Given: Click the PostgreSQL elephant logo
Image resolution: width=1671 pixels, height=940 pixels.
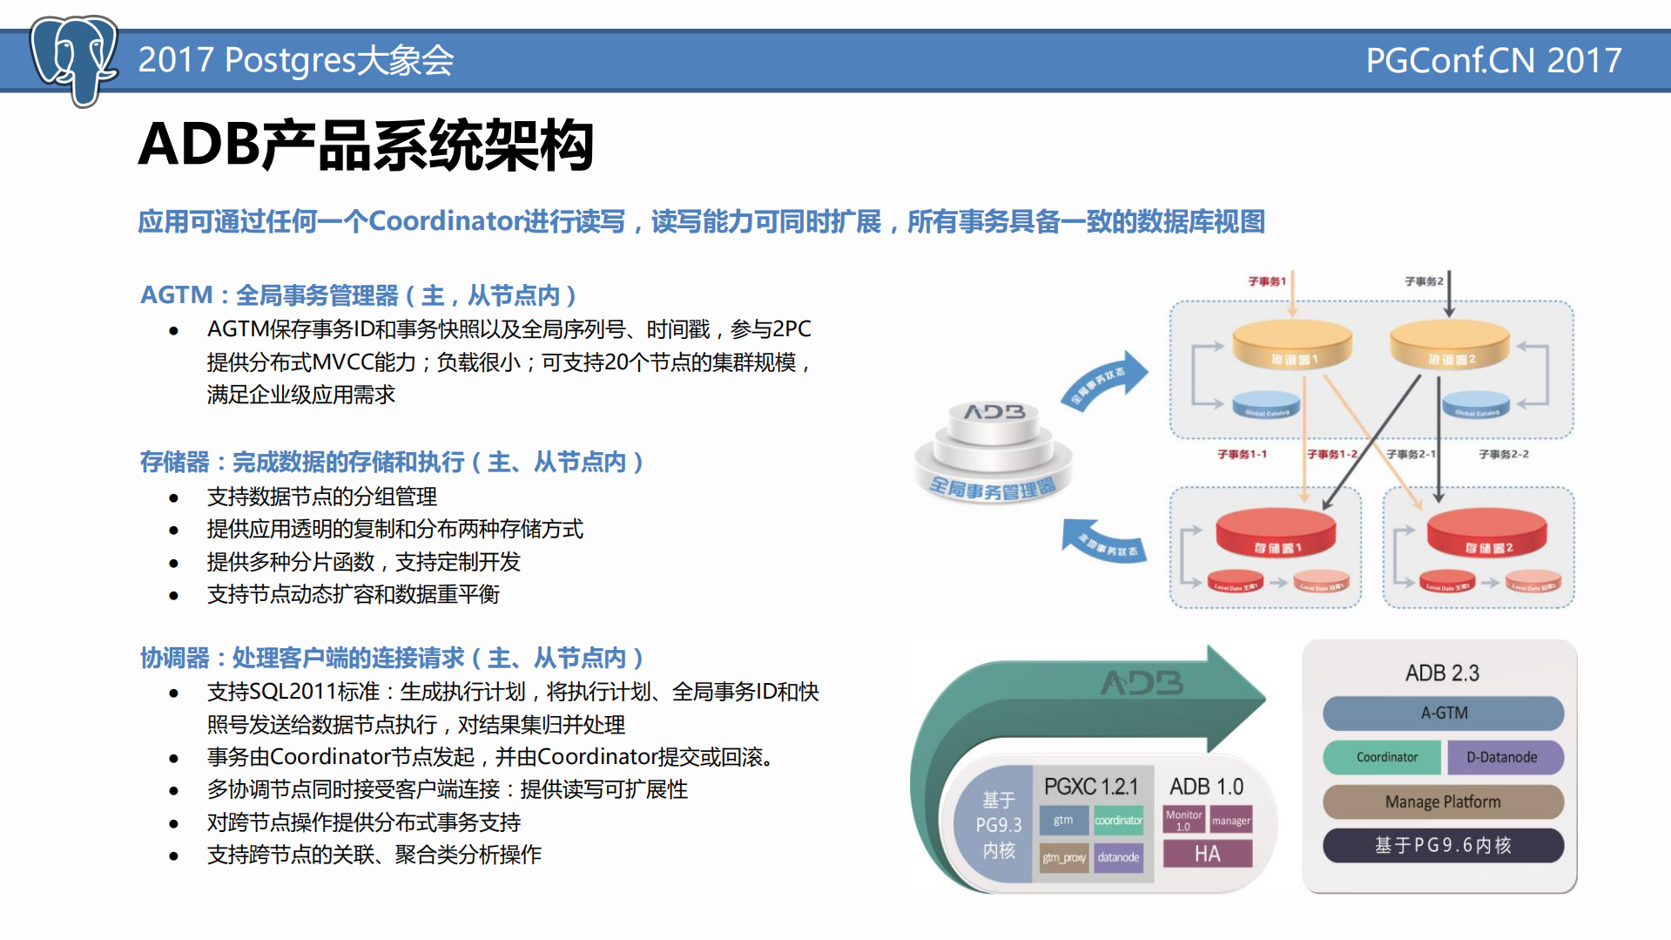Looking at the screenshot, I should point(73,59).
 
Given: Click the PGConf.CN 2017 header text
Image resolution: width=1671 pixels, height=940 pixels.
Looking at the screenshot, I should point(1492,60).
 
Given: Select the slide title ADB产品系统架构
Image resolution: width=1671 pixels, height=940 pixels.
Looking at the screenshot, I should point(366,145).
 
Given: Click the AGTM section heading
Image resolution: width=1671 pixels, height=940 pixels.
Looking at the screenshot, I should point(358,295).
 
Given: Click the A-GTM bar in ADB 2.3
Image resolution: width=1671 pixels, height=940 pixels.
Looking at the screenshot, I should point(1443,713).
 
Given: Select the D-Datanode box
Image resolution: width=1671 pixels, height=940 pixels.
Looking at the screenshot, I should point(1504,757).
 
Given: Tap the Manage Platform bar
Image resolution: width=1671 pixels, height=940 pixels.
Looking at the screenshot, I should point(1443,801).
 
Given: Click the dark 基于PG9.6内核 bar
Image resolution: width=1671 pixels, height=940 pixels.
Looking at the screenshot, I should point(1443,845).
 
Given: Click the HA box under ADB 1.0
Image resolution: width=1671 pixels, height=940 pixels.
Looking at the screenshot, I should point(1207,854).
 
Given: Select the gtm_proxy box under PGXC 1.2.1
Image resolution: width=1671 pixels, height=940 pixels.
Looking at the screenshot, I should point(1064,857).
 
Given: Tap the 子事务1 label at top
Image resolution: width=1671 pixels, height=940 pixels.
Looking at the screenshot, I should point(1266,281).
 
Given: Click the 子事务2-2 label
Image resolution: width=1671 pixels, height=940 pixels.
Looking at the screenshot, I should point(1503,454).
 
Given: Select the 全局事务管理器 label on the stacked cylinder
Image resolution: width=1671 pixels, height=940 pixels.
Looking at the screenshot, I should point(993,488).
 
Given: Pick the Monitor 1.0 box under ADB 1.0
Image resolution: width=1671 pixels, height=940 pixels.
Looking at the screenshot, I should point(1183,820).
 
